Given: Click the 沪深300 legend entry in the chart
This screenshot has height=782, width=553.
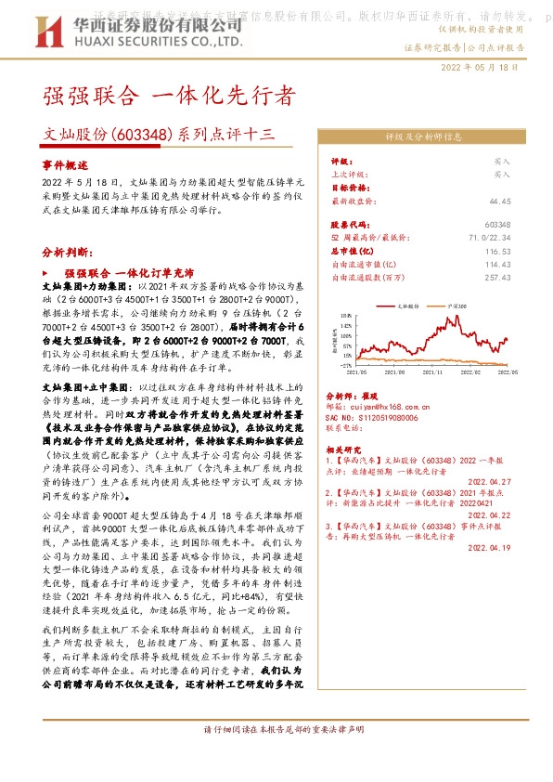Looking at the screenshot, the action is pos(460,305).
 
